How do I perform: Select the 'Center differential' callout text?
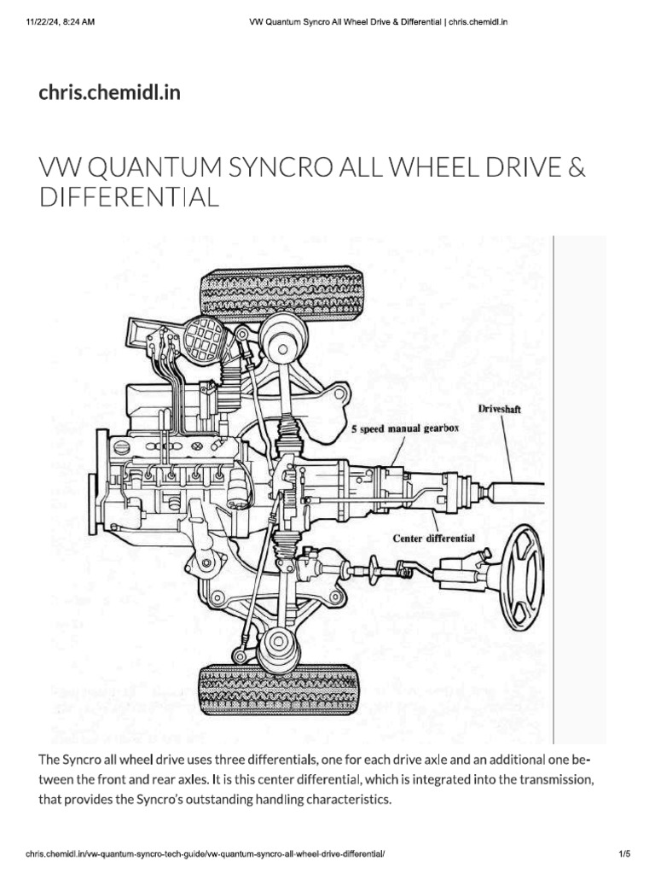tap(433, 539)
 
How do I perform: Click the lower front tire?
tap(276, 688)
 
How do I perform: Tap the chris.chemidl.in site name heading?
tap(109, 91)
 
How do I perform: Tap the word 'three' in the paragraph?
tap(213, 760)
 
